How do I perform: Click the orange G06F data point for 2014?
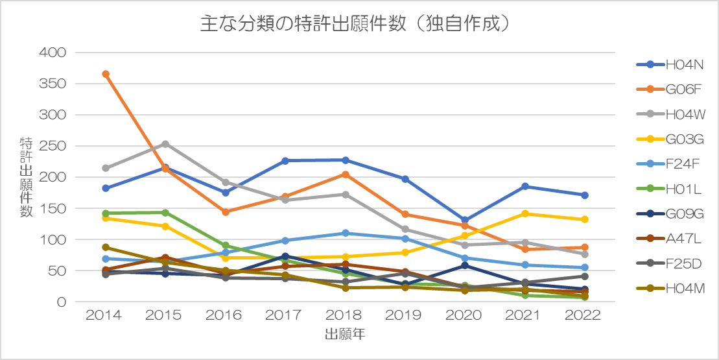106,75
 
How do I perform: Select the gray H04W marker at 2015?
165,144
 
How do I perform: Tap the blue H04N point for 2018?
346,160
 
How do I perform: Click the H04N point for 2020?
465,220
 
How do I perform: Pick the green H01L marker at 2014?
106,213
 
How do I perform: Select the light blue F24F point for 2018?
346,234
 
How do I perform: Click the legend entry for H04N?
670,65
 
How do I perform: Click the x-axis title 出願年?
346,334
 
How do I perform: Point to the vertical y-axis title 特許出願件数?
26,177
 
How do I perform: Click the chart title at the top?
355,24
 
